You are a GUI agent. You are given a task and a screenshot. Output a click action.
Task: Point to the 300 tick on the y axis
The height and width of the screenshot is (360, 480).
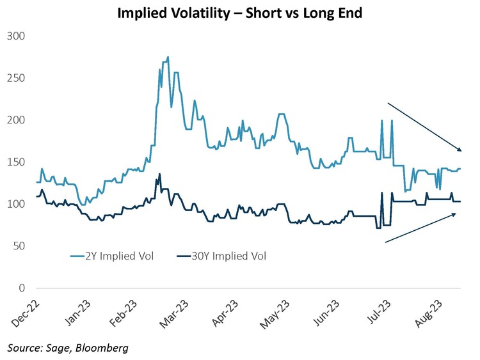tap(15, 36)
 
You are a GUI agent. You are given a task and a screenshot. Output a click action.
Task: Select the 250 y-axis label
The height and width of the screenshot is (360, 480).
tap(15, 78)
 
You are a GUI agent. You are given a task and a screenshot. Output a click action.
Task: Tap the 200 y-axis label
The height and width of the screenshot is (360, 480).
tap(15, 120)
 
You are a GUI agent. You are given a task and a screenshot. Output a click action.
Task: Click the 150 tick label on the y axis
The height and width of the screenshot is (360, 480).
tap(15, 162)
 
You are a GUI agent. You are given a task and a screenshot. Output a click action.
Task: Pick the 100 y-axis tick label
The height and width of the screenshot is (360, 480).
tap(15, 205)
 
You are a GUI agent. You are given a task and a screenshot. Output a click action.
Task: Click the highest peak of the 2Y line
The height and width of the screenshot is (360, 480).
tap(168, 58)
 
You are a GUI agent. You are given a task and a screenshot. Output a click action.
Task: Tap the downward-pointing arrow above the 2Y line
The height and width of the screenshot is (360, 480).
tap(424, 127)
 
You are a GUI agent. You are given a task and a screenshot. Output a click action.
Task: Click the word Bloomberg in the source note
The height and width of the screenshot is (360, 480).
tap(106, 348)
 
